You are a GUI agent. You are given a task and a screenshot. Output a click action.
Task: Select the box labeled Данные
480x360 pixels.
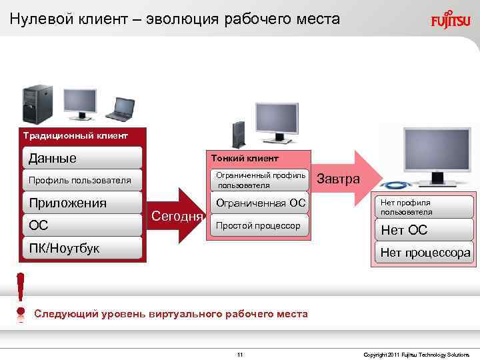83,158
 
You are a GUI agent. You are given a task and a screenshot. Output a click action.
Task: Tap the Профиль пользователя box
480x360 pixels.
83,180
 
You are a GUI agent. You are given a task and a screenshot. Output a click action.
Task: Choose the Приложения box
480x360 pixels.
83,203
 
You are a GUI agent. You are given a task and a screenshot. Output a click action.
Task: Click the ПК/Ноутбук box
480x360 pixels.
83,248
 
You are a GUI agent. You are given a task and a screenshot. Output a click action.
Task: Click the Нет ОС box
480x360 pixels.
424,230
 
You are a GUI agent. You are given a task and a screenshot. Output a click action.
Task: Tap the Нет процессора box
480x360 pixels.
424,252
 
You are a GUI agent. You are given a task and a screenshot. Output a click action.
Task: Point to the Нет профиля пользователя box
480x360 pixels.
424,207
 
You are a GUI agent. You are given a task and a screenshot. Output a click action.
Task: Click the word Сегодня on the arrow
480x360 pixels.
177,215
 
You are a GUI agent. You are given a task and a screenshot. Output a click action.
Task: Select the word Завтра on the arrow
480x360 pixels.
338,179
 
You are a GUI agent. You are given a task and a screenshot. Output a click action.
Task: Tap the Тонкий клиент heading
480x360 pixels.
245,158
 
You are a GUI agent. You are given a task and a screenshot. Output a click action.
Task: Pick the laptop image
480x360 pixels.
121,109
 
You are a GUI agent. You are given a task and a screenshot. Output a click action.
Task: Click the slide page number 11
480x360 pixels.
240,354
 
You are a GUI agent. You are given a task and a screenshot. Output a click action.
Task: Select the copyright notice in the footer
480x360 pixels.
416,354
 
